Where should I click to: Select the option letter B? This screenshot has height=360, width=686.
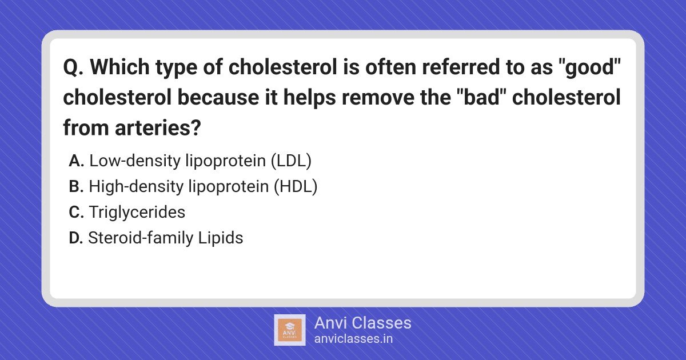click(76, 186)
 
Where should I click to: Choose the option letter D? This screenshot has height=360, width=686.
click(76, 238)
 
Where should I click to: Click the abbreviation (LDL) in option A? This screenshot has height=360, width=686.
click(291, 161)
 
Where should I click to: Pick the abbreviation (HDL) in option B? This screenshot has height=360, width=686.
click(296, 187)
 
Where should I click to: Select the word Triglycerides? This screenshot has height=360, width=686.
click(137, 213)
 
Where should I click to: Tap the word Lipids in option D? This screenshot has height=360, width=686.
click(221, 238)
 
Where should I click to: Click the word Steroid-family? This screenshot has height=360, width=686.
click(141, 238)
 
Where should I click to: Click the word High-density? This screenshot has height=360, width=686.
click(136, 187)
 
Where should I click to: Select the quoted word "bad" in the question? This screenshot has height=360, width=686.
click(482, 97)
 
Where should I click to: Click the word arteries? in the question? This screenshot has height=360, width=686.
click(158, 127)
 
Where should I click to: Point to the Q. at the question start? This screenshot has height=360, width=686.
click(73, 67)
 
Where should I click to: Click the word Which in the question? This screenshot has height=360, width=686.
click(119, 67)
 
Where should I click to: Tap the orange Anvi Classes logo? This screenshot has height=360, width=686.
click(290, 330)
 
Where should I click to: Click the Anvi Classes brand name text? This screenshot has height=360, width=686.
click(363, 323)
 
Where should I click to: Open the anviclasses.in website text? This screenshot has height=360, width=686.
click(353, 339)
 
